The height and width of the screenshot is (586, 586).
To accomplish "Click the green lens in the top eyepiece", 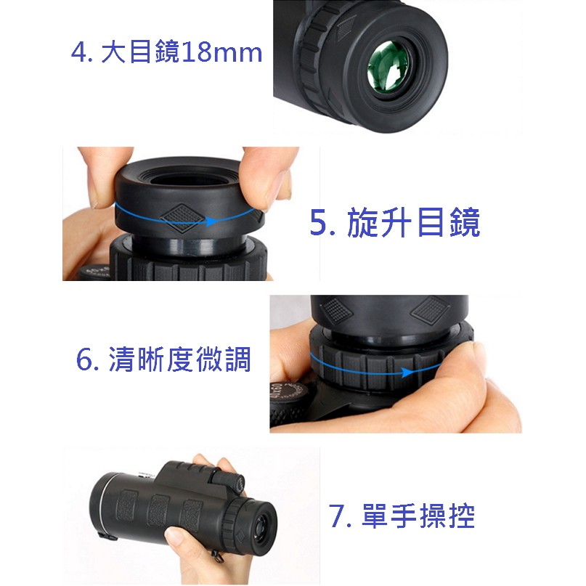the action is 388,67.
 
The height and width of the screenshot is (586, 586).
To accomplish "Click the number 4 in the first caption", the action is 79,52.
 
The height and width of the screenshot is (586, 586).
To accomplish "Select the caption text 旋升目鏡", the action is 413,222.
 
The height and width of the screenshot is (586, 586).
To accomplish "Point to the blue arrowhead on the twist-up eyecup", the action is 211,221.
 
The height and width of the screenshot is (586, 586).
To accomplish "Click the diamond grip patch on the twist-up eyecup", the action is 182,218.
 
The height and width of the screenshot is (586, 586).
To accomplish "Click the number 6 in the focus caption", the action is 84,359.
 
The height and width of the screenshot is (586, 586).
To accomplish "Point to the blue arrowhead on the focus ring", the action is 408,372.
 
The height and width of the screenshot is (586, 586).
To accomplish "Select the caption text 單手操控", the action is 418,516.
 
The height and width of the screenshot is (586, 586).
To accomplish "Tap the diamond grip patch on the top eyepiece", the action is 346,28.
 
